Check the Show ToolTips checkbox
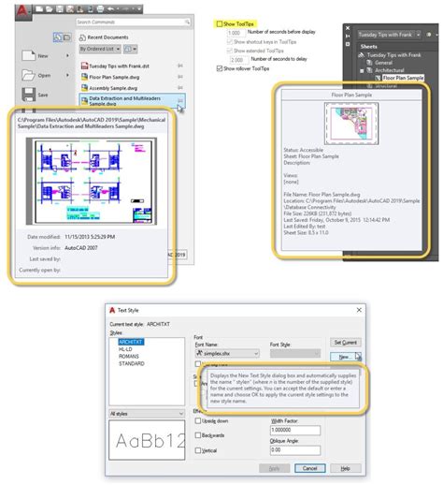(219, 24)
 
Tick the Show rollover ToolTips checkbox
(219, 68)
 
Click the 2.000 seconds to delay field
(236, 60)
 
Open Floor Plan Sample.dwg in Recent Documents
(117, 80)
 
